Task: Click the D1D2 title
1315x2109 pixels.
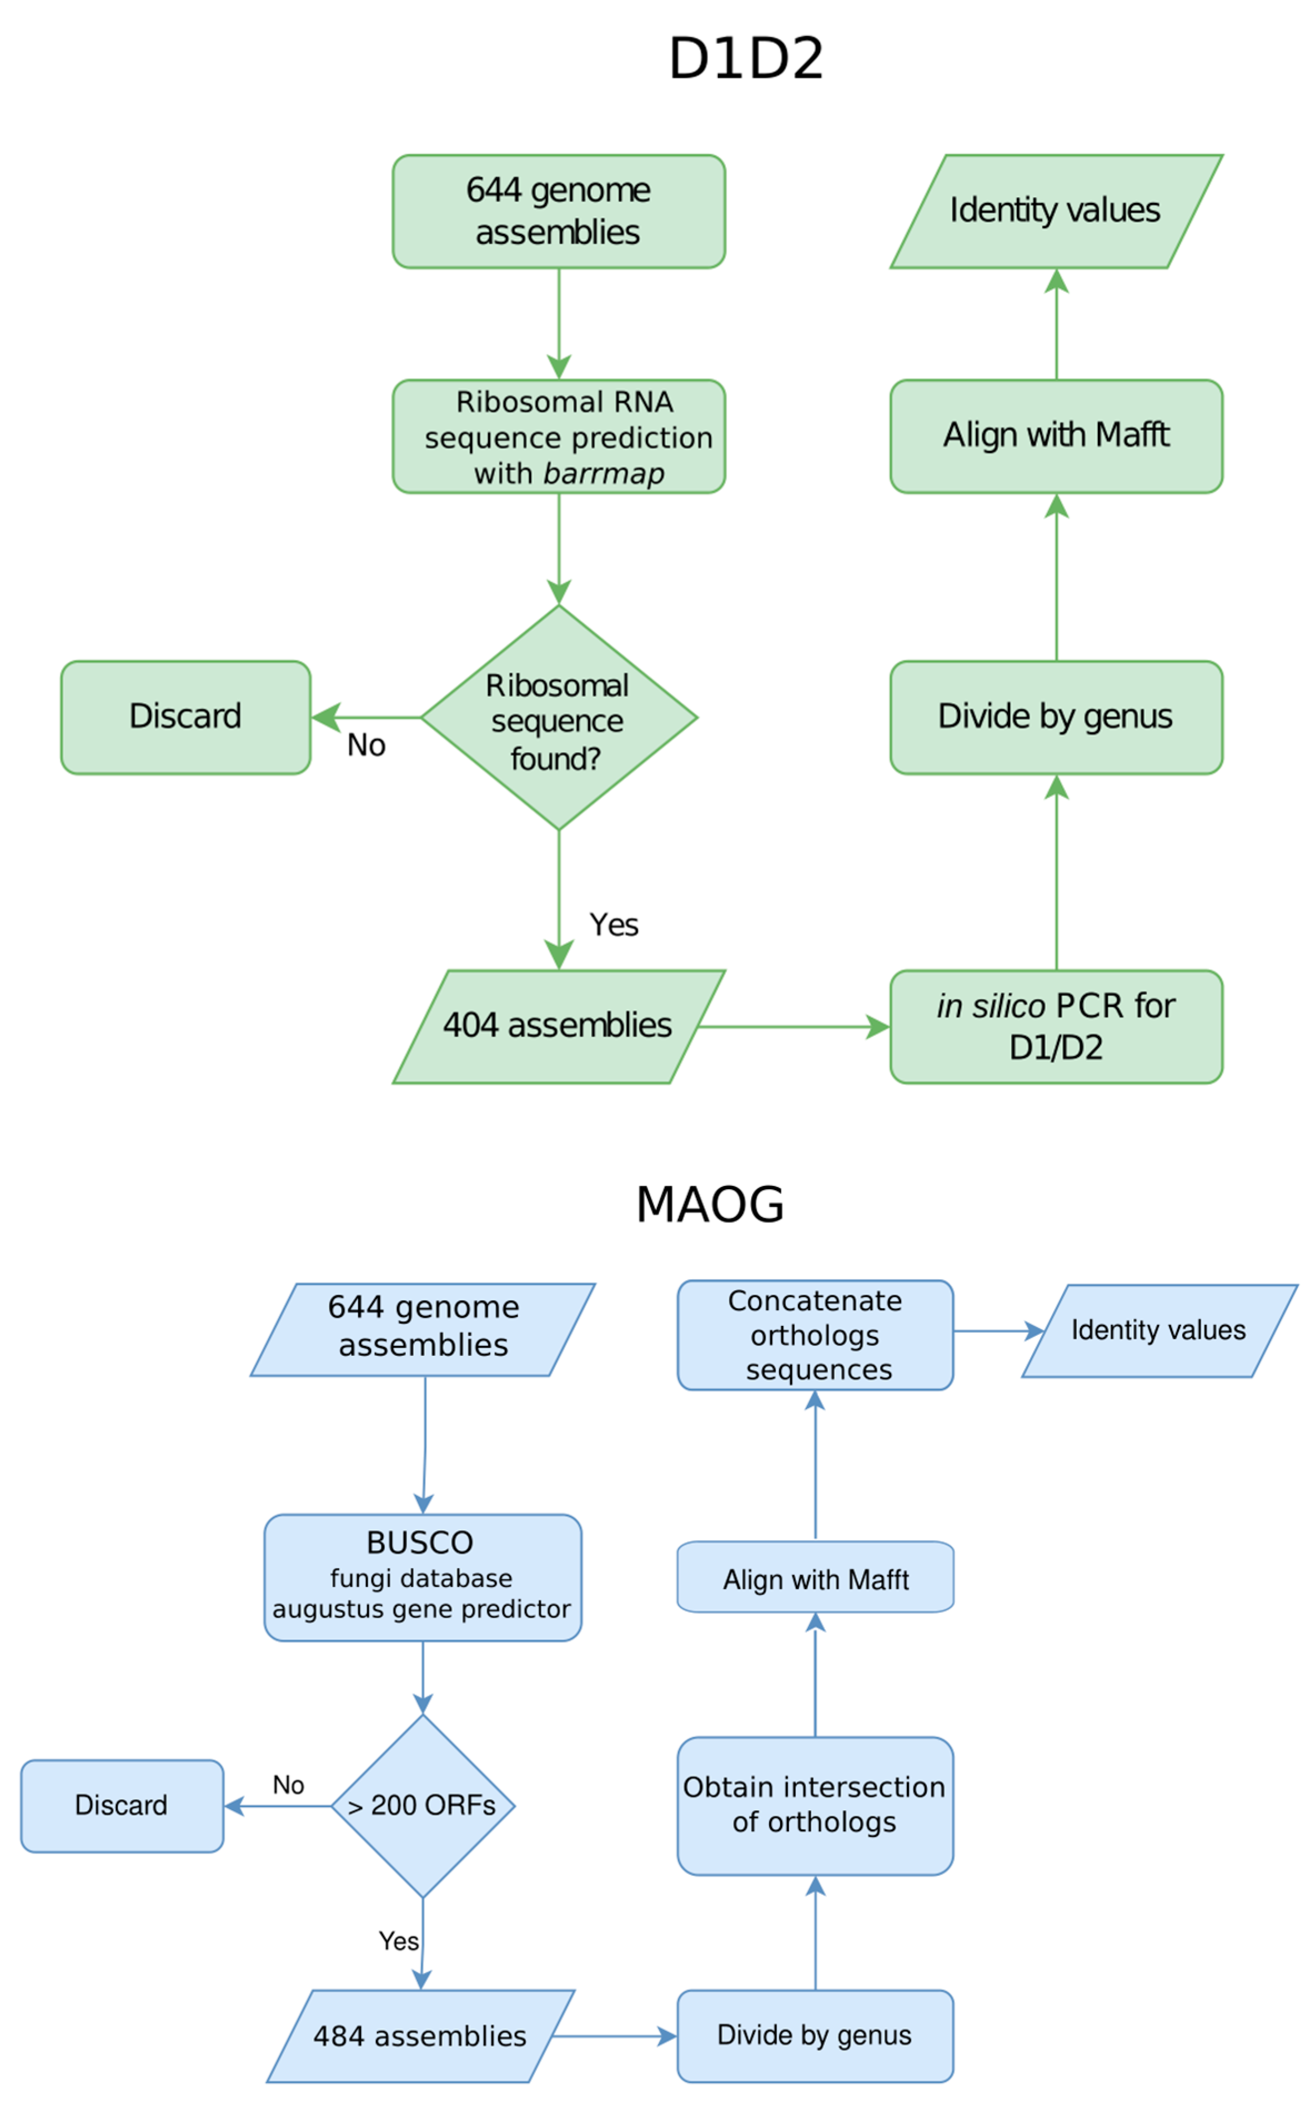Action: tap(745, 58)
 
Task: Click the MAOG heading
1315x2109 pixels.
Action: tap(710, 1205)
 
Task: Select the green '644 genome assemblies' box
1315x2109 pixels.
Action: tap(558, 211)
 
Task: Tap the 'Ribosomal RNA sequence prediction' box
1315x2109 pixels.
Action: tap(558, 437)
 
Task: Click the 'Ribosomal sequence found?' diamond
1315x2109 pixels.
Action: tap(558, 718)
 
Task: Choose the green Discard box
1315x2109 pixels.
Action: tap(185, 718)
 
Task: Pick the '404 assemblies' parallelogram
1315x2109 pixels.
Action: tap(558, 1027)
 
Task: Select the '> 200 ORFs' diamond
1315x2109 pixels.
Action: tap(423, 1806)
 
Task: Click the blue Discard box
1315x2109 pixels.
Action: tap(122, 1806)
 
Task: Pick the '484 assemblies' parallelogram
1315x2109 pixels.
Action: tap(420, 2036)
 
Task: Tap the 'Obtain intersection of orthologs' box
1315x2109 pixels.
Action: tap(815, 1806)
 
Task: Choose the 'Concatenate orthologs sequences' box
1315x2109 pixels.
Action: tap(815, 1335)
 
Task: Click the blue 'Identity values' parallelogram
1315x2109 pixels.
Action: tap(1160, 1331)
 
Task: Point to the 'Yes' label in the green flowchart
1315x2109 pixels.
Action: tap(614, 924)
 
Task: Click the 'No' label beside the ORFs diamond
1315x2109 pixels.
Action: tap(288, 1786)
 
